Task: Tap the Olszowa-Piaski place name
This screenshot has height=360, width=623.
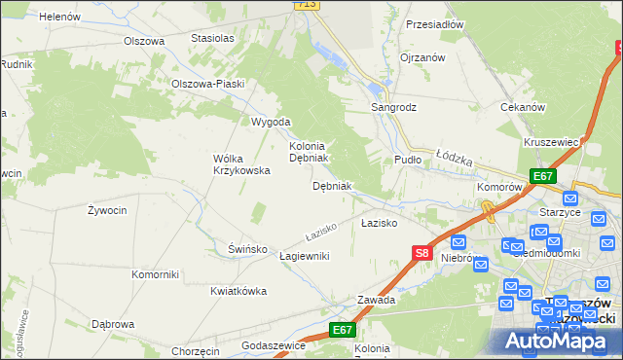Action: tap(206, 84)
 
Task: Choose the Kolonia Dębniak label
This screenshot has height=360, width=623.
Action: tap(311, 151)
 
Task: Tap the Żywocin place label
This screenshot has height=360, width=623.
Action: tap(107, 210)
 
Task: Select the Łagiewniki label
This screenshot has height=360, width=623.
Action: tap(304, 256)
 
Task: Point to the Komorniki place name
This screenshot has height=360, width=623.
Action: tap(156, 274)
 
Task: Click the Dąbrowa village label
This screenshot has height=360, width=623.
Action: tap(112, 324)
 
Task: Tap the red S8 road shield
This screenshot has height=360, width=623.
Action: tap(421, 253)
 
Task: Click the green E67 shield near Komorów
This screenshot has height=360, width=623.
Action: tap(543, 176)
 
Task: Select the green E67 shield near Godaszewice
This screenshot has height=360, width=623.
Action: tap(341, 331)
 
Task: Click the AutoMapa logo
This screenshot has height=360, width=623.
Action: tap(557, 339)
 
